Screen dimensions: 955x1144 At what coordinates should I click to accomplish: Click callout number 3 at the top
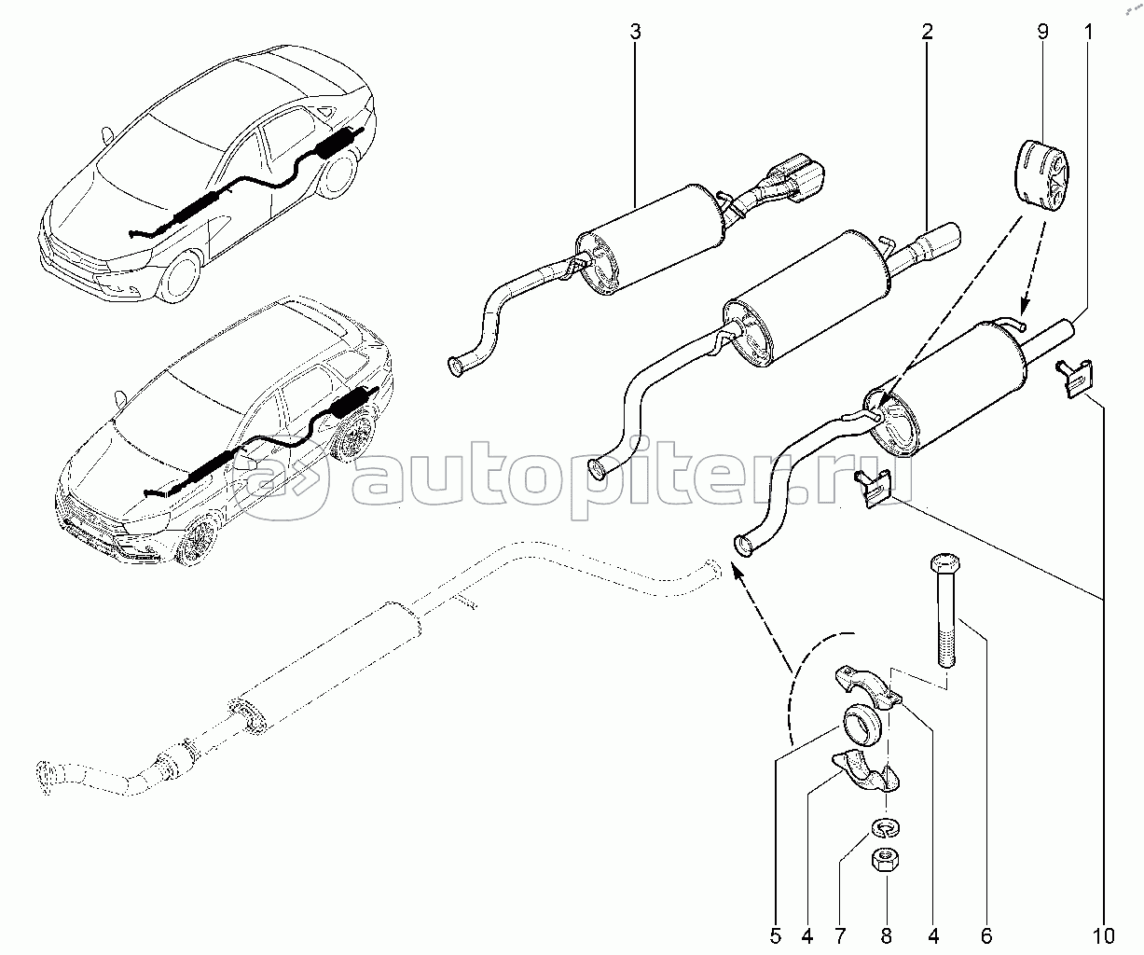(x=635, y=33)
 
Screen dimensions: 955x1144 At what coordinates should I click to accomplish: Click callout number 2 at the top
(x=927, y=33)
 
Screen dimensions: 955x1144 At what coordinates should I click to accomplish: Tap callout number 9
(x=1042, y=33)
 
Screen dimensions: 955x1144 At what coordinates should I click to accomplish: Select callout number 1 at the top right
(x=1087, y=33)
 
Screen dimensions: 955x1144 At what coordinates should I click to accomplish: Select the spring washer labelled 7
(x=885, y=827)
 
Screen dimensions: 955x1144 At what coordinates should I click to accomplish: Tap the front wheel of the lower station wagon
(x=199, y=543)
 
